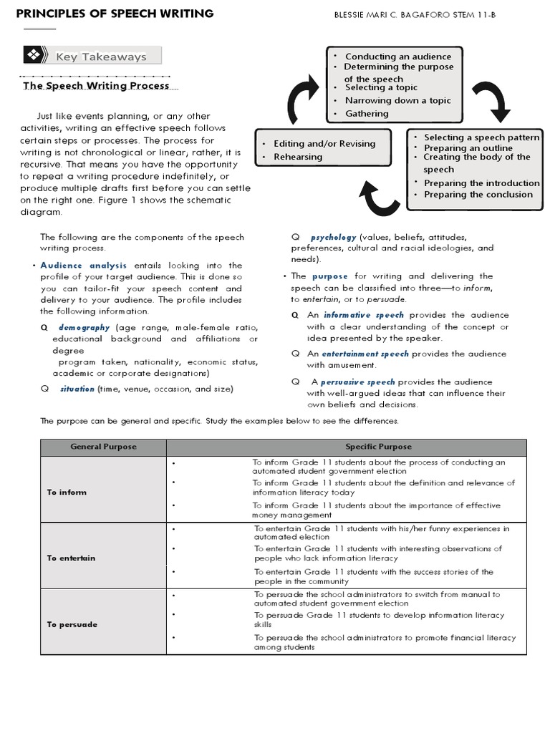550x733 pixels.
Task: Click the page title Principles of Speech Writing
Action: [115, 14]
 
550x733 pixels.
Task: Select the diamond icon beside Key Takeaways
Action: [34, 56]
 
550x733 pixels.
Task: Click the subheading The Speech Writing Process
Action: [97, 85]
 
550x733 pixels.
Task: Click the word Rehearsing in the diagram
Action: [298, 157]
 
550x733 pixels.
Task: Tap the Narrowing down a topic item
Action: [397, 100]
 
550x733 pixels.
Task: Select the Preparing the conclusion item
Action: [478, 194]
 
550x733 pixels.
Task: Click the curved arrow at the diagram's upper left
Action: [304, 96]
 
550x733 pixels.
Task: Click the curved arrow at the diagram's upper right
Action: [493, 103]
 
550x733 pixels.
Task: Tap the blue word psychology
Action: [332, 236]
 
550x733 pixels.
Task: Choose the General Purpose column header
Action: [103, 447]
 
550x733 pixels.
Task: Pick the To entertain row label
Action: [72, 558]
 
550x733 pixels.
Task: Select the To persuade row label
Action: [72, 624]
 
